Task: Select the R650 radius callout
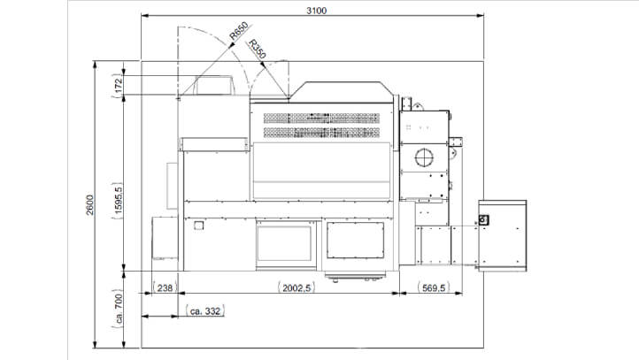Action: pos(238,34)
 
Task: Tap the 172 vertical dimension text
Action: pos(118,85)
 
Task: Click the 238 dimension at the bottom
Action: pos(164,287)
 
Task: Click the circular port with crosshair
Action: pos(423,158)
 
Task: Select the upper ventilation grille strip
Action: pos(321,117)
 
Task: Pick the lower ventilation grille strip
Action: pos(321,132)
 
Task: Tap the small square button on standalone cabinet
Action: pos(483,219)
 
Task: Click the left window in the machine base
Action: pos(284,243)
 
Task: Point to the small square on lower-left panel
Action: pos(201,225)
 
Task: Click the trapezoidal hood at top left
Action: pos(213,86)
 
